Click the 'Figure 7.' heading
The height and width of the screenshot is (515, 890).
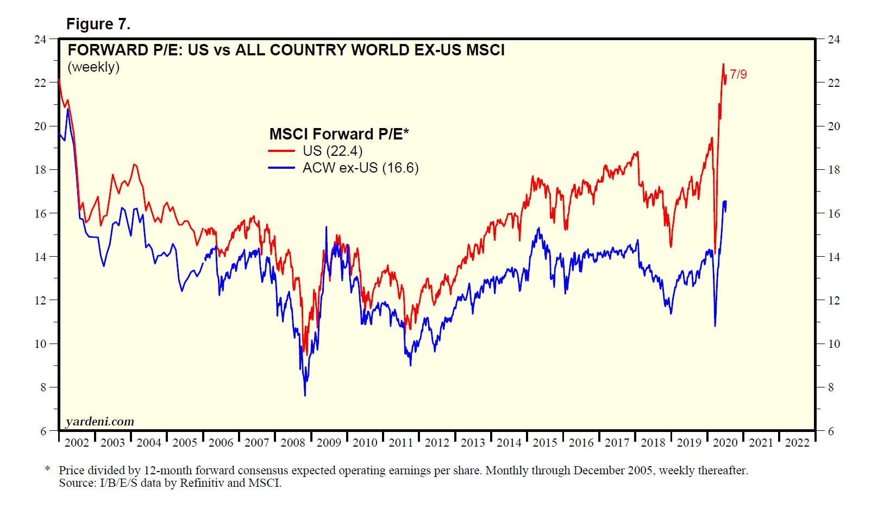(x=98, y=24)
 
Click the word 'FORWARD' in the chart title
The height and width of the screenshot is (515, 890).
(x=108, y=50)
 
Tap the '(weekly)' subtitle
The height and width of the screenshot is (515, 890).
(x=93, y=67)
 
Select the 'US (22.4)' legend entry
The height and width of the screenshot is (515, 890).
(x=332, y=151)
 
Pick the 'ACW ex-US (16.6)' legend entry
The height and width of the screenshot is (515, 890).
(x=360, y=168)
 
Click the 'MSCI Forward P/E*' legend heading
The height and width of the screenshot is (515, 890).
(x=339, y=134)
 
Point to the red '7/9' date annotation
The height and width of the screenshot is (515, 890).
(x=738, y=74)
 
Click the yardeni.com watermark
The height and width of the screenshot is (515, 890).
(x=99, y=422)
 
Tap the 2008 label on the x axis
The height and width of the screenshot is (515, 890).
(x=293, y=443)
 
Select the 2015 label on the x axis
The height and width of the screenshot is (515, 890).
(x=545, y=443)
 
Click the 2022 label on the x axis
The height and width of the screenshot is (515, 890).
(x=797, y=443)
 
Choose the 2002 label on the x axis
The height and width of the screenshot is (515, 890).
(x=77, y=443)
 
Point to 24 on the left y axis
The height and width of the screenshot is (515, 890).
(x=40, y=40)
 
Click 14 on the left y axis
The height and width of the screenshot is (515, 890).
(x=40, y=257)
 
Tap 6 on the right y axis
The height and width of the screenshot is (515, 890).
(x=831, y=431)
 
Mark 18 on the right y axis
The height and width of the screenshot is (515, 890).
(x=833, y=170)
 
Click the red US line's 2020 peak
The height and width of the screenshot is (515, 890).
(x=723, y=64)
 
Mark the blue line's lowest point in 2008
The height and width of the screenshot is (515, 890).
(x=305, y=395)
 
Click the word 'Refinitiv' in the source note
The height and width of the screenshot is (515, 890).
(x=202, y=483)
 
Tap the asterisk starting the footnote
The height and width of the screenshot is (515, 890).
(x=48, y=469)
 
